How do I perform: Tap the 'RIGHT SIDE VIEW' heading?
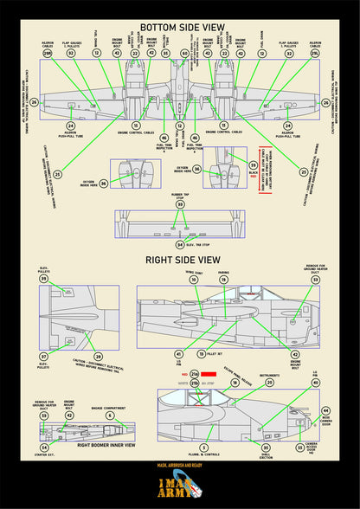[180, 258]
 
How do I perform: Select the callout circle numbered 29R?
[48, 54]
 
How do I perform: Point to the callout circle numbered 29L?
[314, 54]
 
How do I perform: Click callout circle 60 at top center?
[184, 54]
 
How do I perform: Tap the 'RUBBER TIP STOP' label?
[179, 194]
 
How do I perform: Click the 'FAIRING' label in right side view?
[223, 274]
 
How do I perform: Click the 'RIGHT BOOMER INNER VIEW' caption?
[106, 445]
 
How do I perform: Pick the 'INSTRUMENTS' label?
[267, 376]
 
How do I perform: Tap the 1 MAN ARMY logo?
[180, 487]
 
